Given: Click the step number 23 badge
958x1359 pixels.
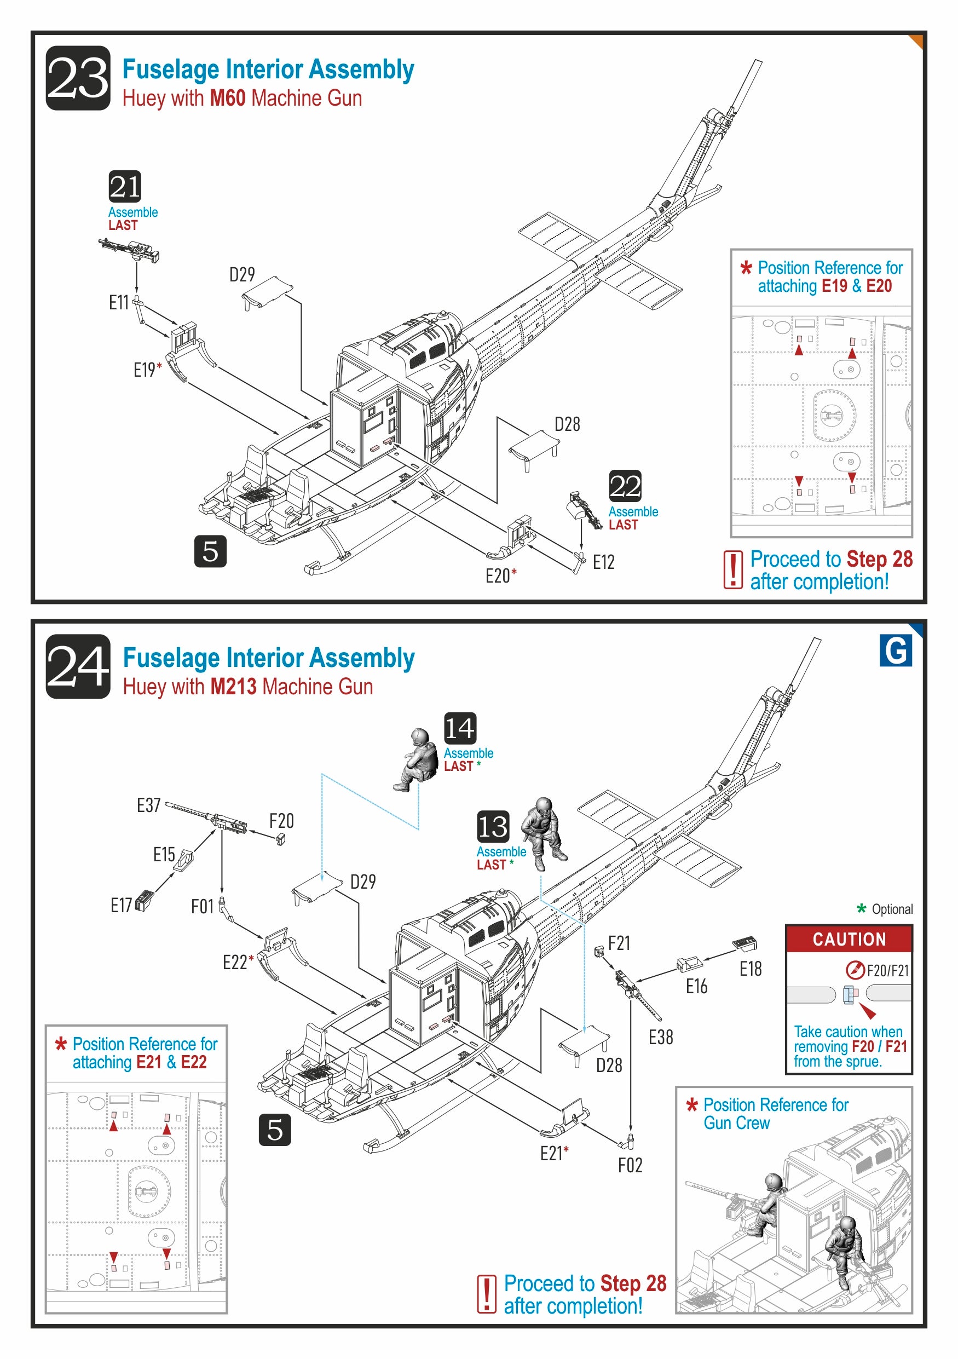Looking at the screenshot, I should click(x=78, y=78).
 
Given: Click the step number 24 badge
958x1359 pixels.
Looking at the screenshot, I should click(x=78, y=666).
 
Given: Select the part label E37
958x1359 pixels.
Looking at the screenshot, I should click(x=148, y=805).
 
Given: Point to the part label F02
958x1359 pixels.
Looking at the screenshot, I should click(x=630, y=1165).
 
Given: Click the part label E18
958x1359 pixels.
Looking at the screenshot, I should click(x=751, y=969).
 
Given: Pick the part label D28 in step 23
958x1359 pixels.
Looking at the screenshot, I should click(x=567, y=424).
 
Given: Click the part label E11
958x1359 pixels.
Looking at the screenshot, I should click(x=118, y=302).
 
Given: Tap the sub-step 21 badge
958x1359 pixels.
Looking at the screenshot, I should click(x=125, y=187).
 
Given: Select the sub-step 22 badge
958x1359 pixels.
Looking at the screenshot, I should click(x=625, y=486).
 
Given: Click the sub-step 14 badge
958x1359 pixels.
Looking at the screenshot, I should click(x=460, y=728).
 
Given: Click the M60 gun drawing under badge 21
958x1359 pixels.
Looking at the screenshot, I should click(x=129, y=250).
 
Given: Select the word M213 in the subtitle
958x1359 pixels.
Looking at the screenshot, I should click(x=233, y=687).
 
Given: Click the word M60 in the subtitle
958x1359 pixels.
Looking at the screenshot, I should click(x=227, y=98).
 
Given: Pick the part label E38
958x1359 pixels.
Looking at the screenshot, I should click(x=660, y=1037).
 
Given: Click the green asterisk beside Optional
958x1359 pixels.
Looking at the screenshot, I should click(x=861, y=908).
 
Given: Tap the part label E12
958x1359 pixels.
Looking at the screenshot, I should click(x=604, y=562).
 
